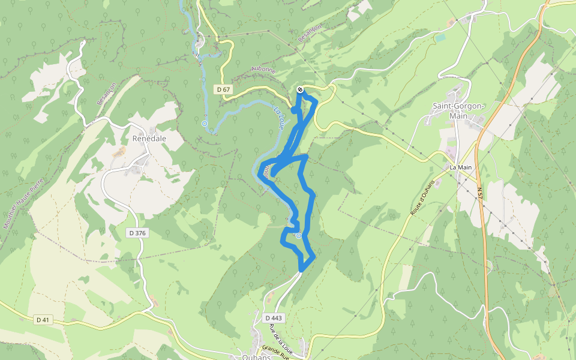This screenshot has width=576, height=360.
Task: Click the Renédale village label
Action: [149, 138]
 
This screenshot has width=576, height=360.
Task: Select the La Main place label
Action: [461, 167]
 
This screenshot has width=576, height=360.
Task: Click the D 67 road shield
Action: [223, 89]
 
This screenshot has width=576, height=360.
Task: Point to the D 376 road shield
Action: [138, 232]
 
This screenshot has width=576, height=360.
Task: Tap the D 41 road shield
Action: [42, 320]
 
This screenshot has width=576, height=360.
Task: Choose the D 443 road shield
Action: [272, 317]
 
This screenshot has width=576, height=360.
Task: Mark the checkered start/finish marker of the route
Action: [300, 90]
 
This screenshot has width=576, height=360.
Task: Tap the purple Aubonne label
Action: [264, 70]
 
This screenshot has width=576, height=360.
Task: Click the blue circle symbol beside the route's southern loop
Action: [298, 236]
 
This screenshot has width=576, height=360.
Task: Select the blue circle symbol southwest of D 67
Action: [205, 124]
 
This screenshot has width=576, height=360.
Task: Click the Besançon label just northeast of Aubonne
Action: [310, 34]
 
